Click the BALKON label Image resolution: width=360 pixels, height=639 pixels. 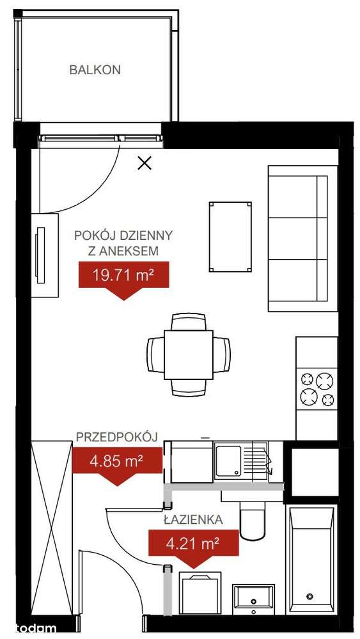[x=95, y=70]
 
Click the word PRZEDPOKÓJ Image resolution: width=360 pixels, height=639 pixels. [x=117, y=437]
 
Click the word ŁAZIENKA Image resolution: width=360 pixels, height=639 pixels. [x=193, y=519]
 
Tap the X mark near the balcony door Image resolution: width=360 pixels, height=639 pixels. [x=145, y=163]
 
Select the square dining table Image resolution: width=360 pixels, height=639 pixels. [x=189, y=354]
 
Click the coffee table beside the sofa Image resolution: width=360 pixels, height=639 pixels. [x=230, y=237]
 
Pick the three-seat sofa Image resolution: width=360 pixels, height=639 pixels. [x=302, y=239]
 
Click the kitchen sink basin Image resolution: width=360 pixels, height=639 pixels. [x=228, y=461]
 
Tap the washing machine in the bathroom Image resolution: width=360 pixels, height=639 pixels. [x=200, y=593]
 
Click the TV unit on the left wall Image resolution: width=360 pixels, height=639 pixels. [x=45, y=255]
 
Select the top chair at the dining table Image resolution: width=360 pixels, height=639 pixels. [x=189, y=322]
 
